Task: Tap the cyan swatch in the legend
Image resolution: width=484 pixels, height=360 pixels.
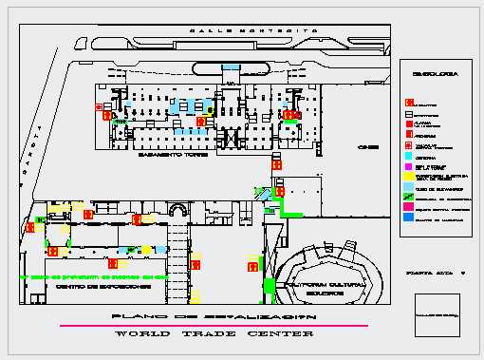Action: point(408,159)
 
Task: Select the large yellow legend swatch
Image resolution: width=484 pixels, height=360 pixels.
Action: point(408,177)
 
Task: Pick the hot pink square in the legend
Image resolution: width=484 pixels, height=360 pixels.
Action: point(408,206)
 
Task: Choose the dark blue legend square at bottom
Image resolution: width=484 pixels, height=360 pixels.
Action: point(408,218)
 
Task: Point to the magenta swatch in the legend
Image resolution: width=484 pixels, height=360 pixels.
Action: point(408,166)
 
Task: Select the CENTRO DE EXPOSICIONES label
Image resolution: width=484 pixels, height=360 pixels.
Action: point(91,286)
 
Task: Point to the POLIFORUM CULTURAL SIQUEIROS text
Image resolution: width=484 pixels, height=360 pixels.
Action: point(315,286)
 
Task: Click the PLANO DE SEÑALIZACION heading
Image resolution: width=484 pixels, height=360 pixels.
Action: point(213,315)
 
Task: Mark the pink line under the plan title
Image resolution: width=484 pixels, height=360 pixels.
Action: point(213,326)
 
